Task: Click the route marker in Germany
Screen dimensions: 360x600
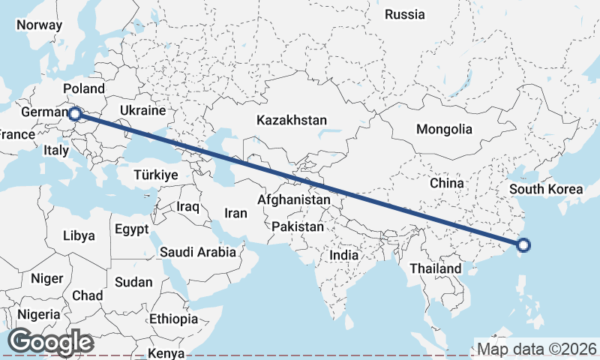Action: pyautogui.click(x=75, y=114)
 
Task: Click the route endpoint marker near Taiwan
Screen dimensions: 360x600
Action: pyautogui.click(x=523, y=244)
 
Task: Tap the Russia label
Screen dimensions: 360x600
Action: pyautogui.click(x=404, y=14)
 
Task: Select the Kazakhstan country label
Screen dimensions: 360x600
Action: pyautogui.click(x=292, y=120)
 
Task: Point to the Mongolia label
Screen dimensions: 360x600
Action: pyautogui.click(x=445, y=129)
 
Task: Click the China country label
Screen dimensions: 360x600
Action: pyautogui.click(x=448, y=182)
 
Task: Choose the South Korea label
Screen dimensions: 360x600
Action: pyautogui.click(x=545, y=189)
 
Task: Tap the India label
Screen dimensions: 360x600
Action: pyautogui.click(x=344, y=255)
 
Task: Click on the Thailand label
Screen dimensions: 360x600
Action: pyautogui.click(x=436, y=268)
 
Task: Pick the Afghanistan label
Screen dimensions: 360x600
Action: pyautogui.click(x=293, y=200)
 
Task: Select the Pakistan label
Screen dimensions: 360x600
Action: pyautogui.click(x=298, y=226)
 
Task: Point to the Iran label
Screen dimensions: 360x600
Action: pyautogui.click(x=235, y=213)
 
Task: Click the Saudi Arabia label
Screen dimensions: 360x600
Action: pyautogui.click(x=197, y=253)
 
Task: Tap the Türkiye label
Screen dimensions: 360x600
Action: pyautogui.click(x=155, y=175)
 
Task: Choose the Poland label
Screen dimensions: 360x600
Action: pyautogui.click(x=84, y=88)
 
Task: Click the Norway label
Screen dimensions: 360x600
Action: pyautogui.click(x=39, y=24)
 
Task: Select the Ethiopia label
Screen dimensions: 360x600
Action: pyautogui.click(x=173, y=319)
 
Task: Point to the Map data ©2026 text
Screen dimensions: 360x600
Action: pyautogui.click(x=537, y=349)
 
